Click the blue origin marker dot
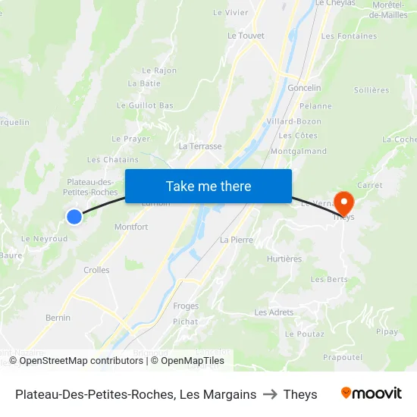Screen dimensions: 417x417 click(74, 217)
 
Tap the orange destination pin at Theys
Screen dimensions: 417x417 click(344, 203)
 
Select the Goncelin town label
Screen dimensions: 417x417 click(304, 88)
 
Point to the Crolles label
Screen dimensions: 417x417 click(96, 270)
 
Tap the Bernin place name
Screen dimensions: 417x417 click(58, 318)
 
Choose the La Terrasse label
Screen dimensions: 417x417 click(200, 146)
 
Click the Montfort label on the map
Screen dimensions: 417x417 click(131, 227)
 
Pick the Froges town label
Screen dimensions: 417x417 click(186, 306)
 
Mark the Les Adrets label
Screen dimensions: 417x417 click(274, 312)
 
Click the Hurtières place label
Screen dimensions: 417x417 click(284, 259)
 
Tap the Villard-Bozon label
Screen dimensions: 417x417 click(293, 121)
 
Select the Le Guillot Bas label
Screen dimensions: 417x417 click(145, 105)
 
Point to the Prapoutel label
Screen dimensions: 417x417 click(341, 357)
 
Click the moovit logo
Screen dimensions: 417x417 click(371, 393)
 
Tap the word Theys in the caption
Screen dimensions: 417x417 click(300, 394)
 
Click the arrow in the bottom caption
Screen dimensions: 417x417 click(270, 394)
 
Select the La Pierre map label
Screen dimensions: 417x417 click(236, 240)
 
